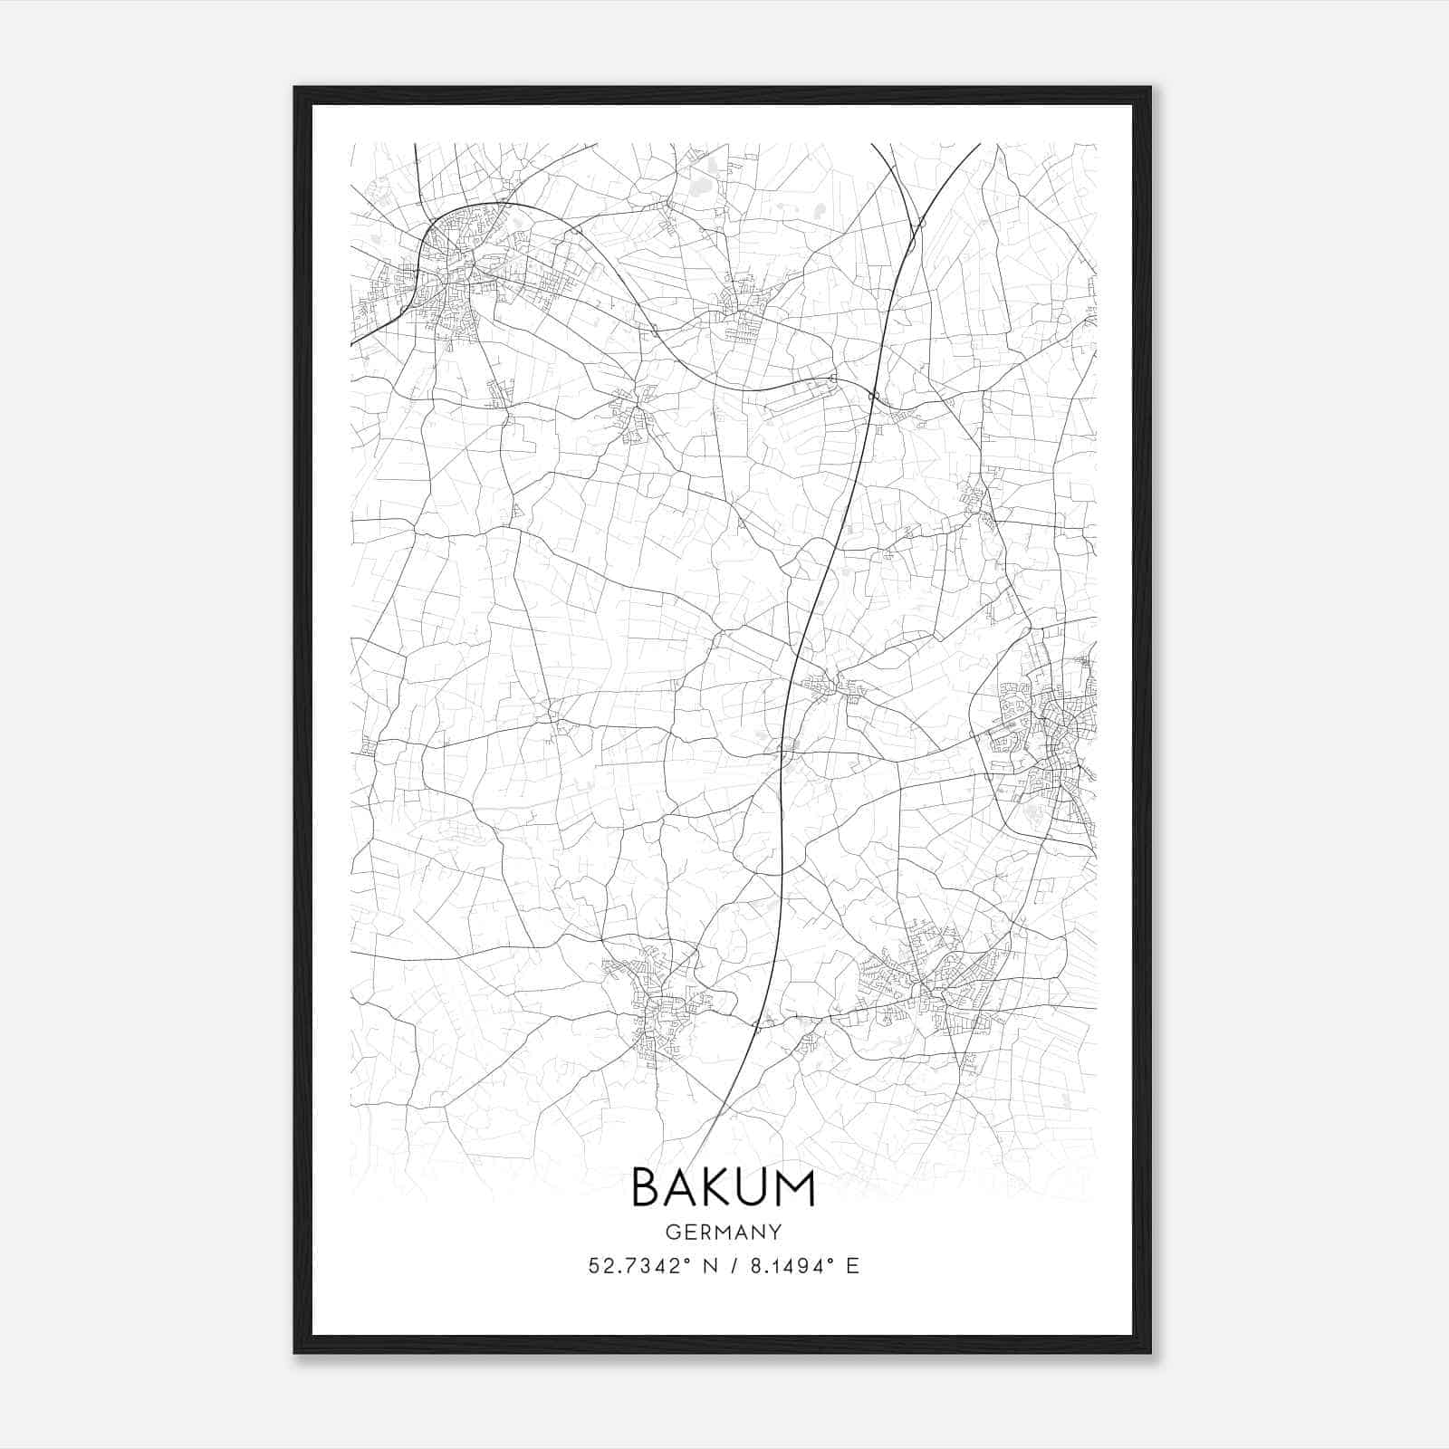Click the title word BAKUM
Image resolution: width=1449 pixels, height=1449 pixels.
(x=723, y=1188)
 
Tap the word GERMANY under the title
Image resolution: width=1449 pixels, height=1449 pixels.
(x=724, y=1233)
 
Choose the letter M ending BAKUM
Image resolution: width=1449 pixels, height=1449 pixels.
(x=796, y=1188)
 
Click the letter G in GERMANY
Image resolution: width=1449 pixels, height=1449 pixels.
(x=672, y=1233)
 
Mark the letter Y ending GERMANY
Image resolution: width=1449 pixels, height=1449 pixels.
(x=776, y=1233)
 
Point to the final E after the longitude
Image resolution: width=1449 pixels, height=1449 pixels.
(x=852, y=1266)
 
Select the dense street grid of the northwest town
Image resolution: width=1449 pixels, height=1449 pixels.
(x=453, y=272)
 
